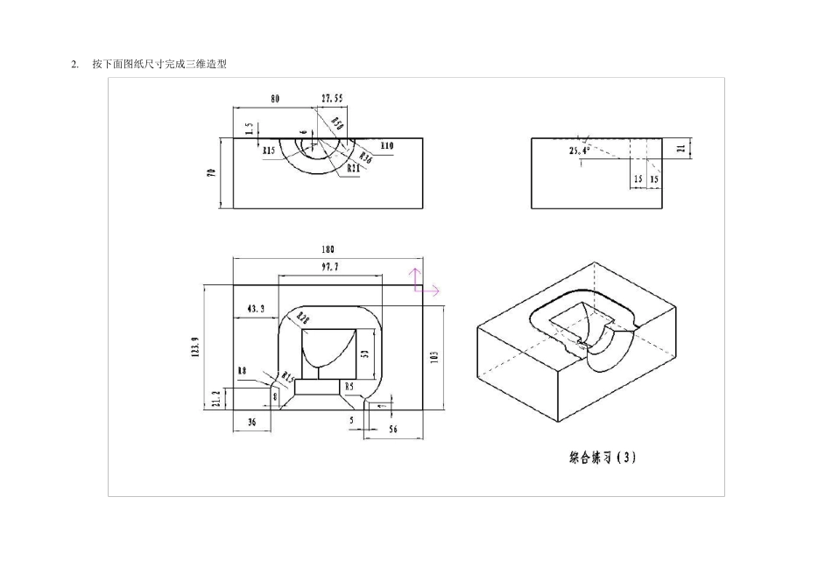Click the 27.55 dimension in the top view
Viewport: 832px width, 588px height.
click(x=332, y=99)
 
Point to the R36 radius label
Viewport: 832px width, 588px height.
click(x=366, y=158)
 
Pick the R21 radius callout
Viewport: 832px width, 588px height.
click(x=354, y=167)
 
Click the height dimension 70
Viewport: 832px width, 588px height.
click(x=211, y=173)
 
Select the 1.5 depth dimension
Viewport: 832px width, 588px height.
click(x=250, y=128)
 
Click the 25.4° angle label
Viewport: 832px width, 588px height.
click(x=578, y=150)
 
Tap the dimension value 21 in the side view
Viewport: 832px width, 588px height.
click(x=681, y=149)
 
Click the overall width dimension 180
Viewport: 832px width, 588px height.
click(x=328, y=249)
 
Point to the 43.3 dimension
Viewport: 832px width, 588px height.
click(x=256, y=309)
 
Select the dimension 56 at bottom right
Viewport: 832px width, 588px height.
click(x=392, y=429)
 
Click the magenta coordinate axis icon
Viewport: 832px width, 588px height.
click(x=424, y=282)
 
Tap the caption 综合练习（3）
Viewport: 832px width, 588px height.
click(x=602, y=457)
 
